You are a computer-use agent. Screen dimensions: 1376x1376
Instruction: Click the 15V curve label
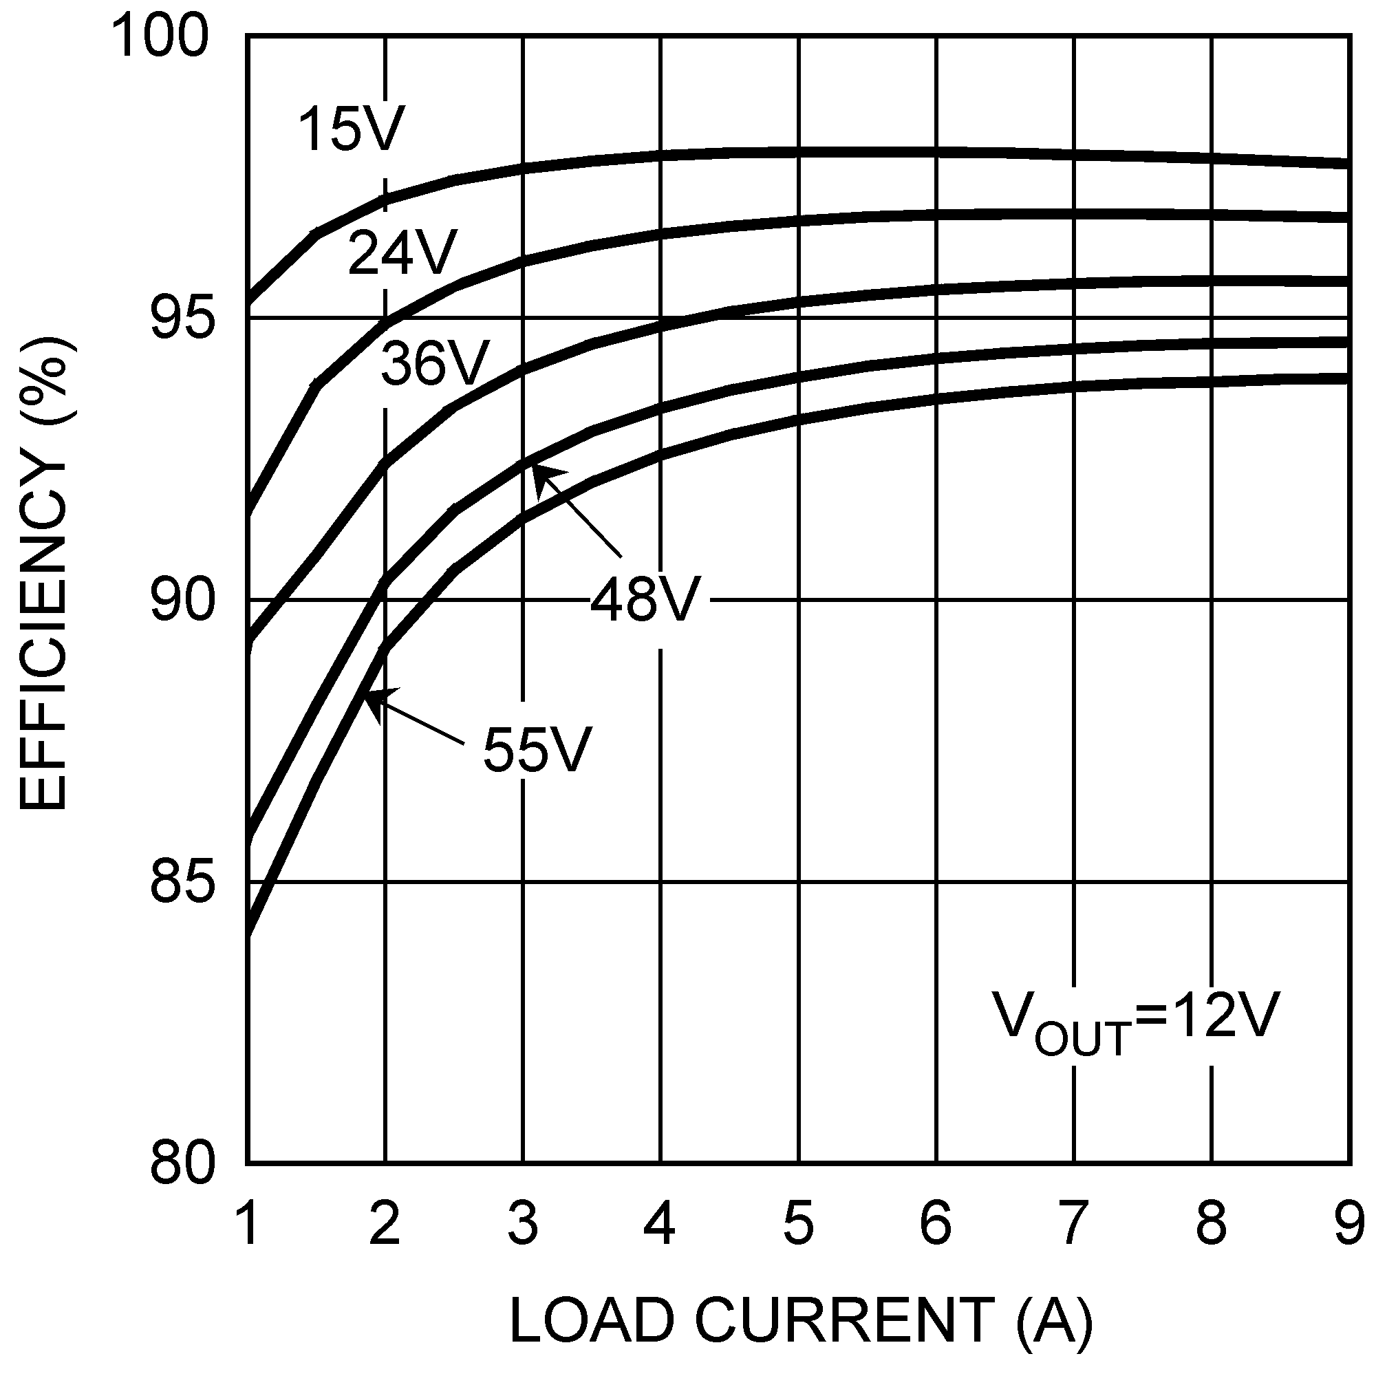click(352, 129)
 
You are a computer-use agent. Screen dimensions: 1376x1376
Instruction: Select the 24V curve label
click(402, 252)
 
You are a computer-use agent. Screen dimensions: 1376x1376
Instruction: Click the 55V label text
click(538, 749)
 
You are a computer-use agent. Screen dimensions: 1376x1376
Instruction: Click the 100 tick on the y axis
click(162, 37)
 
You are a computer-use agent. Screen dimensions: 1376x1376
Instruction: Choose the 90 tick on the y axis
click(182, 601)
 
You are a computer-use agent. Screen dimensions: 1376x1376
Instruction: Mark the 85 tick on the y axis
click(182, 883)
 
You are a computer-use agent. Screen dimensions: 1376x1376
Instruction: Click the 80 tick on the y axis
click(182, 1163)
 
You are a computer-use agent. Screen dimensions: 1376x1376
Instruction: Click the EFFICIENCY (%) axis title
click(44, 573)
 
